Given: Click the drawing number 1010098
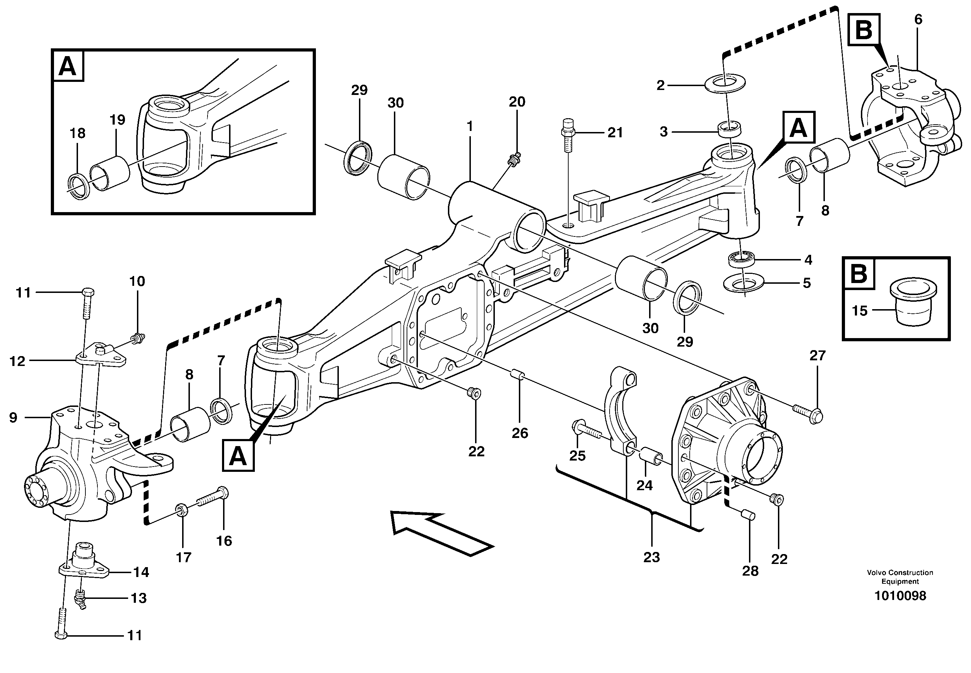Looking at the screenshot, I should click(x=900, y=596).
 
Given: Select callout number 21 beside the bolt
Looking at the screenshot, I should click(x=615, y=133).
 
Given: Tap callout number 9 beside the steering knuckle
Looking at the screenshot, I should click(x=13, y=417).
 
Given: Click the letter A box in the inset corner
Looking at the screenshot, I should click(x=68, y=66).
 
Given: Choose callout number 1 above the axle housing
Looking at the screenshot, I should click(x=470, y=126).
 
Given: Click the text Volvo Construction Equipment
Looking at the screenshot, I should click(x=900, y=577).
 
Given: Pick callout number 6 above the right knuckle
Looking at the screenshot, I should click(x=918, y=19).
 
